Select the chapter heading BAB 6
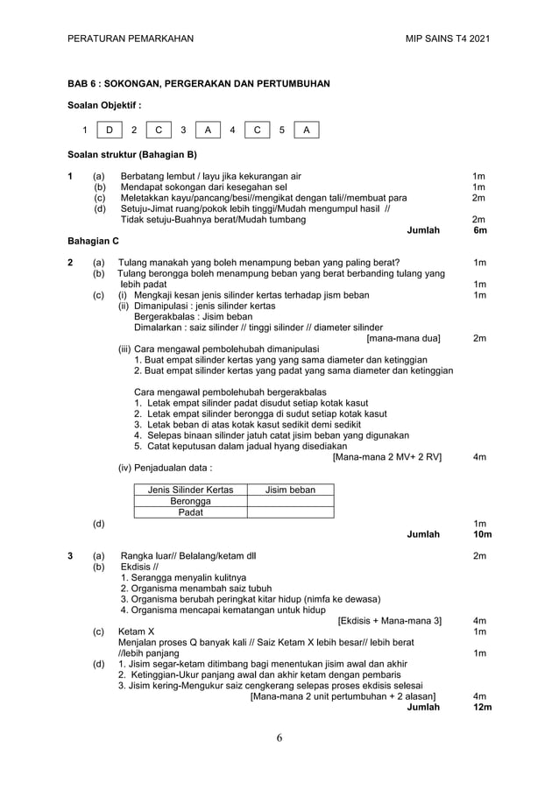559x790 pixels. [199, 84]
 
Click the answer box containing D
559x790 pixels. [110, 130]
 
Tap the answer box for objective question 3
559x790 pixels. [208, 130]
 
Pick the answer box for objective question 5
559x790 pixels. [306, 130]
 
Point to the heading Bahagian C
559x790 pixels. [93, 240]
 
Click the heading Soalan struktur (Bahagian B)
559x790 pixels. [132, 155]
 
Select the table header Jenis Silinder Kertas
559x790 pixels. [190, 490]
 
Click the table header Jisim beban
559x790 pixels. [290, 490]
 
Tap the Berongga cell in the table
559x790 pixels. [190, 501]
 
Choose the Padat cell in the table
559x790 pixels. [190, 512]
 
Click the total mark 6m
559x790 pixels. [479, 230]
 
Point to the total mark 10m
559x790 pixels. [481, 533]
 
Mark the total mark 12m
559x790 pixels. [481, 707]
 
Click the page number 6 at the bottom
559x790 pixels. [279, 737]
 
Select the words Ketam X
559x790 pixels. [137, 631]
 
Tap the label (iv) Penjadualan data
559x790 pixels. [166, 468]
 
